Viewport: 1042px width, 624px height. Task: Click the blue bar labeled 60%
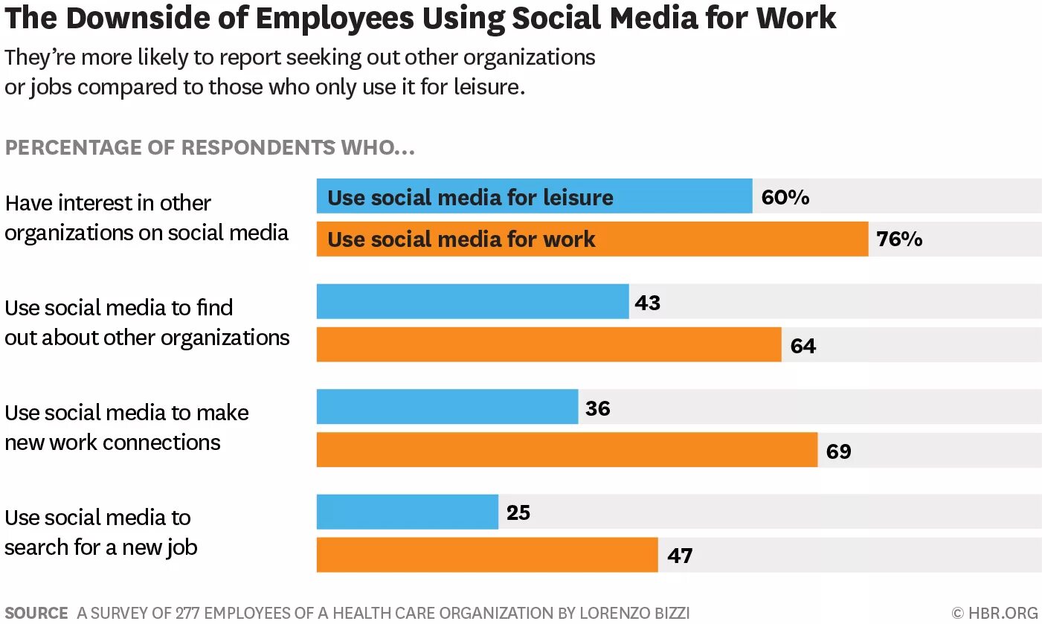click(534, 196)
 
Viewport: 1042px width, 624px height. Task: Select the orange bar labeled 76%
click(592, 239)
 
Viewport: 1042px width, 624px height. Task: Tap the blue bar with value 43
click(472, 301)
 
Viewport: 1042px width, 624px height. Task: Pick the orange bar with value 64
click(549, 344)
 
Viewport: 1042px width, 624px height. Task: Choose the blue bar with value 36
click(447, 407)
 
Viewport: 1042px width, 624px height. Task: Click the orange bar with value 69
click(567, 450)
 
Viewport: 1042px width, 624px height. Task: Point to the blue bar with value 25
click(407, 512)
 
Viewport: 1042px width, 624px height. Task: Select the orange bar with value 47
click(487, 555)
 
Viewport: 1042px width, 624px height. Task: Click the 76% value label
click(899, 239)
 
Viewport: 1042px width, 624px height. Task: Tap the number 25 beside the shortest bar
click(518, 512)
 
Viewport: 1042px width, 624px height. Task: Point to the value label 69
click(838, 451)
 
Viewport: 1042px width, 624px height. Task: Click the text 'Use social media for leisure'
click(470, 197)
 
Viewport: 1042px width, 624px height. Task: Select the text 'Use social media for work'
click(461, 239)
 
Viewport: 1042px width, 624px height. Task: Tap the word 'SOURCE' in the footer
click(36, 614)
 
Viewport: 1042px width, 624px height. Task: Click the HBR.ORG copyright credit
click(994, 614)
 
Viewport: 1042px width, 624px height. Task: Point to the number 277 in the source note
click(187, 614)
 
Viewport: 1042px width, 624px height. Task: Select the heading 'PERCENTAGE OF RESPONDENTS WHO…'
click(210, 147)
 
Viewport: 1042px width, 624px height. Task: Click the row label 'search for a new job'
click(101, 547)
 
